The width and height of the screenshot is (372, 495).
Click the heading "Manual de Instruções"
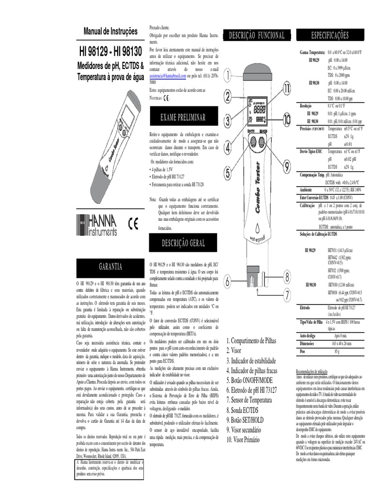(110, 31)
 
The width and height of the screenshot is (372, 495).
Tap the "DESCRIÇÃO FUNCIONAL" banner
(257, 35)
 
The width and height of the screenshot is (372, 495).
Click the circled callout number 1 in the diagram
(228, 74)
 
